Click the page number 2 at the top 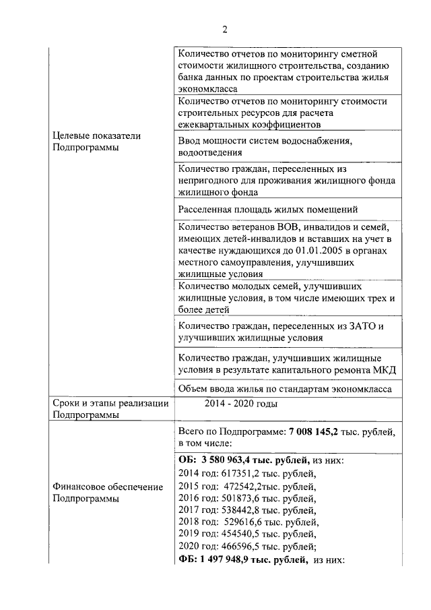point(226,29)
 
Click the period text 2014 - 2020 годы point(240,404)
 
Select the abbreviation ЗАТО point(360,326)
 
